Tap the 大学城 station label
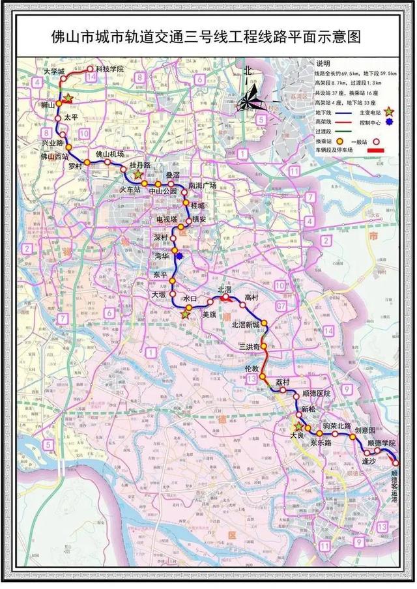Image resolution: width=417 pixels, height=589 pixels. [54, 70]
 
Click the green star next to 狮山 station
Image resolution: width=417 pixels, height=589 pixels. [68, 98]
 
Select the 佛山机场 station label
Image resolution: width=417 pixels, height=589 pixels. [109, 154]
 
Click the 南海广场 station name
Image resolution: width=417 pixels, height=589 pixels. [202, 186]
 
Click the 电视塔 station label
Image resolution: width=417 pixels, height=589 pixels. [159, 220]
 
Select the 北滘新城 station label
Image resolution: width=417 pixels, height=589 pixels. [245, 324]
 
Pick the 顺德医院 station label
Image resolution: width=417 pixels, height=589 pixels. [317, 394]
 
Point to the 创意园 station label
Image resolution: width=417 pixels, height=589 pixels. [365, 431]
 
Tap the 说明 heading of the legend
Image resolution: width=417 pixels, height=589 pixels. [324, 64]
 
